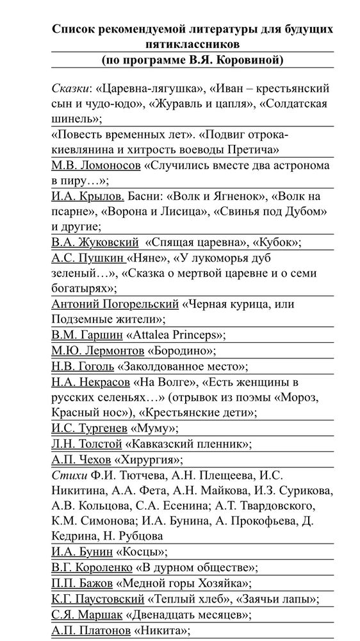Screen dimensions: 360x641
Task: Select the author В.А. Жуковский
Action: tap(95, 243)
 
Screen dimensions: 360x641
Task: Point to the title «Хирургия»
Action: tap(148, 459)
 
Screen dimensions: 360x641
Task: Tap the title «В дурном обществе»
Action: tap(196, 567)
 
